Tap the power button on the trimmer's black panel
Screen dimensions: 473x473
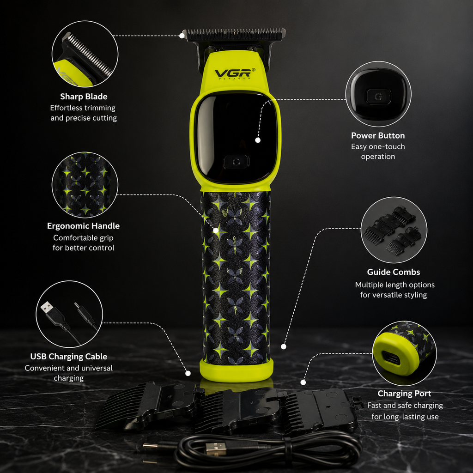pos(236,162)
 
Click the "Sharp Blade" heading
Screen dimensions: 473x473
pos(84,97)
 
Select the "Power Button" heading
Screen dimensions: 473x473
pos(378,136)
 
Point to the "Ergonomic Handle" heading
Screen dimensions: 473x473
pos(83,226)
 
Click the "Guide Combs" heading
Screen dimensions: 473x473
pos(394,272)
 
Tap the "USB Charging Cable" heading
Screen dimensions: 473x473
pos(69,357)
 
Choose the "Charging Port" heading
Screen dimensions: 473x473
pos(404,394)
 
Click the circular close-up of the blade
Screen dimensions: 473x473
pos(85,54)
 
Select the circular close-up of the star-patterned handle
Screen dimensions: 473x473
pos(85,185)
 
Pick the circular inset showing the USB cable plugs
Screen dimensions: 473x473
pos(69,314)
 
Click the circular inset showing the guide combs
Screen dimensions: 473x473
pos(394,230)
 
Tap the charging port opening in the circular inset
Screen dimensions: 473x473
pos(391,358)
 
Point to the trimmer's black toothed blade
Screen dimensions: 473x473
pos(234,35)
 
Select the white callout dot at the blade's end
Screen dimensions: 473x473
pos(182,36)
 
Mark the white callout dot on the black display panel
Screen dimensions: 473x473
pos(258,140)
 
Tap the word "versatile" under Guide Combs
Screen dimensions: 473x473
pos(394,295)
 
